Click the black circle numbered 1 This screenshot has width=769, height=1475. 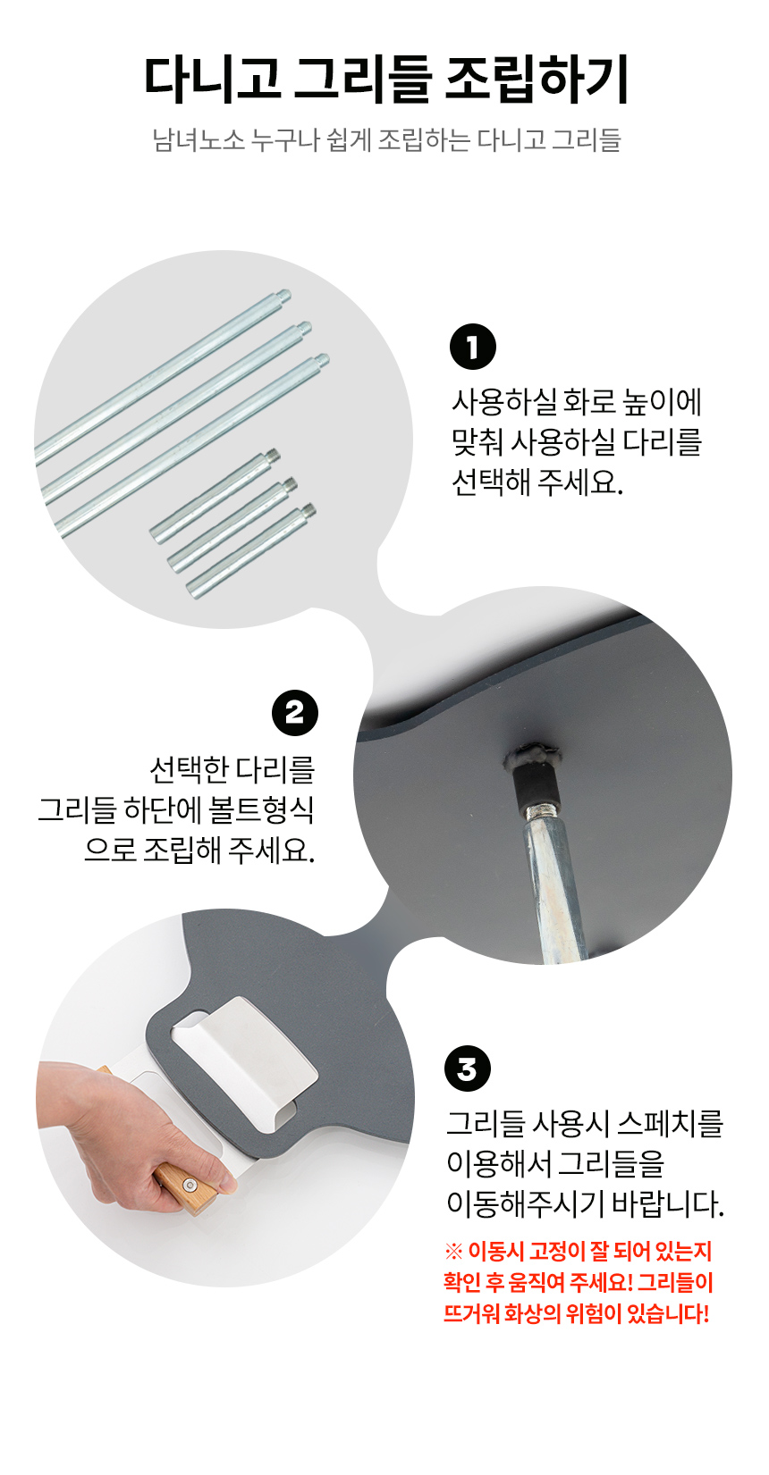coord(472,347)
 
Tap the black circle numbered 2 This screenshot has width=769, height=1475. coord(294,712)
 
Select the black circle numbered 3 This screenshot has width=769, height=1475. coord(467,1069)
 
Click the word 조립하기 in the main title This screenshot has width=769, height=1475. coord(537,80)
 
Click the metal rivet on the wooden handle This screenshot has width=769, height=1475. coord(190,1186)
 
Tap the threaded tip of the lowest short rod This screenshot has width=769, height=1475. coord(308,509)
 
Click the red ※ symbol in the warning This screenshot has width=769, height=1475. coord(454,1251)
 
